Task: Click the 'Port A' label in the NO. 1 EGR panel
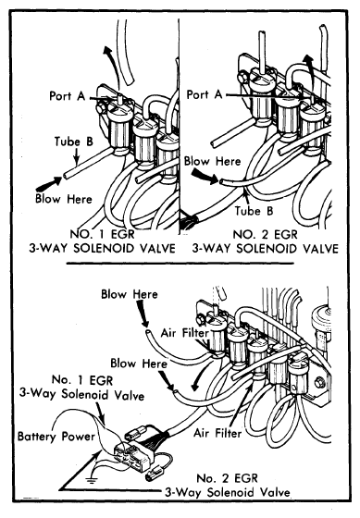[x=68, y=96]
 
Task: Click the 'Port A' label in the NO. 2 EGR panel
[x=205, y=94]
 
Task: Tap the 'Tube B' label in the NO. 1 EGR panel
[x=74, y=142]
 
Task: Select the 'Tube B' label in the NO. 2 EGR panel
[x=254, y=211]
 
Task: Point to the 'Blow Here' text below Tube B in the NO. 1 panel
[x=64, y=199]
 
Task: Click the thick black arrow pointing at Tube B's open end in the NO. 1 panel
[x=49, y=184]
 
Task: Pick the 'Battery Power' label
[x=56, y=436]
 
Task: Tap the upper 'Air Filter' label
[x=185, y=333]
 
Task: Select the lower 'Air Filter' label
[x=217, y=433]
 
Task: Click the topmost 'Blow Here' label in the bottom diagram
[x=130, y=294]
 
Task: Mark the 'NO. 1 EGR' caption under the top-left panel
[x=102, y=234]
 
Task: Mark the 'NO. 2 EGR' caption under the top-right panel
[x=265, y=234]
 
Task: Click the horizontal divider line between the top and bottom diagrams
[x=180, y=264]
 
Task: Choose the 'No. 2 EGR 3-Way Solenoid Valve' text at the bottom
[x=228, y=486]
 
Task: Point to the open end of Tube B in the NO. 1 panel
[x=66, y=175]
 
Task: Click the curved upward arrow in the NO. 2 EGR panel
[x=310, y=69]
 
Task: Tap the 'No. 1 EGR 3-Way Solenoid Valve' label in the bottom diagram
[x=82, y=388]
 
